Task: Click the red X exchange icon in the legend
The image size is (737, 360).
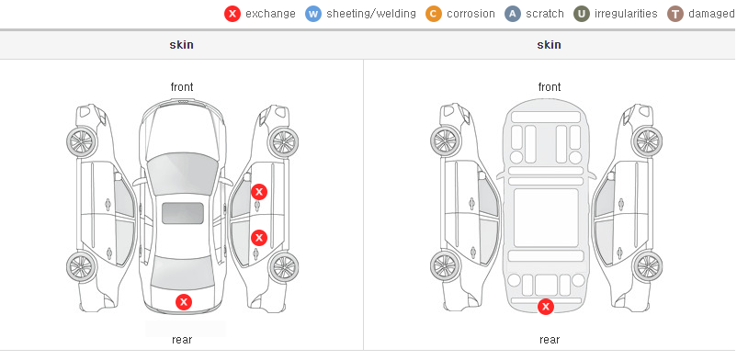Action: [x=232, y=14]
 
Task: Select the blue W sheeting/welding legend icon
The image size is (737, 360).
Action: [x=313, y=14]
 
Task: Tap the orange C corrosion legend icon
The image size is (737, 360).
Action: [x=434, y=14]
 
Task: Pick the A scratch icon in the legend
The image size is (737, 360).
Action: [x=513, y=14]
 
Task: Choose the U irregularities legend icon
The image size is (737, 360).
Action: [x=582, y=14]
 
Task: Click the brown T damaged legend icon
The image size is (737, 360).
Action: [x=675, y=14]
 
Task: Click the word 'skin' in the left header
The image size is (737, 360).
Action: [x=181, y=45]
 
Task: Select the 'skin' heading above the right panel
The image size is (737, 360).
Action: [x=549, y=45]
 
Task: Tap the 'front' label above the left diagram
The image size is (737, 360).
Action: [x=182, y=87]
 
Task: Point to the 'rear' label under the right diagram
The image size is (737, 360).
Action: [x=550, y=339]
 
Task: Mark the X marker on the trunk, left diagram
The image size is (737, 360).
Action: [x=184, y=302]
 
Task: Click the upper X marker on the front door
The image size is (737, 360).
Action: [x=259, y=192]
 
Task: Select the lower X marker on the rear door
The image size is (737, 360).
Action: [x=259, y=238]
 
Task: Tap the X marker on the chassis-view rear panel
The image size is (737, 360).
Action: [x=546, y=307]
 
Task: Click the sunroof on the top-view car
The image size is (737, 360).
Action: [x=183, y=213]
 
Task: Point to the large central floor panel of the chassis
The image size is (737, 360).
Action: [x=546, y=218]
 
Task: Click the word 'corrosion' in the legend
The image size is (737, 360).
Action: [x=471, y=14]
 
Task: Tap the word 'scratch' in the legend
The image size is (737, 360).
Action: [x=545, y=14]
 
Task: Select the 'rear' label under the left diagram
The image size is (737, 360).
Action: [x=182, y=339]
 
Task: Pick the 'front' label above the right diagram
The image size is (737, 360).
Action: [x=550, y=87]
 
